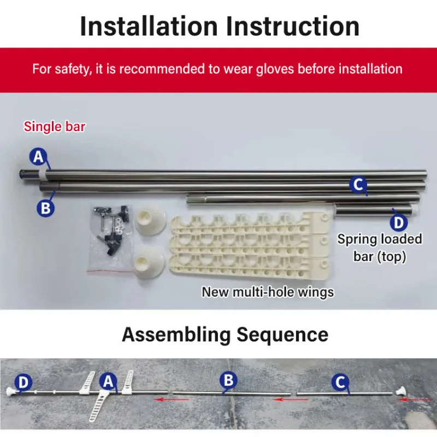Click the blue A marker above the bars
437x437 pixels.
(x=38, y=156)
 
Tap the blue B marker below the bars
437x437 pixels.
(x=45, y=208)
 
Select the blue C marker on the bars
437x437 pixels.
(x=358, y=184)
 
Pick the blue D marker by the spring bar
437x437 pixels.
(x=399, y=222)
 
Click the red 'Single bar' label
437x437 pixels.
(x=55, y=127)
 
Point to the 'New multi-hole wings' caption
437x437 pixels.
(x=268, y=292)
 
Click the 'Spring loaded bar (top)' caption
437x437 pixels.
(x=380, y=248)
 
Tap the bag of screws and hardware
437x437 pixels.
(x=110, y=238)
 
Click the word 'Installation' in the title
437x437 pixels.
(x=149, y=26)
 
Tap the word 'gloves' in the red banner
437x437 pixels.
(x=275, y=69)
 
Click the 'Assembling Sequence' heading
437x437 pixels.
(x=225, y=334)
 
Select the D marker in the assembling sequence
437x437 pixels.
(x=23, y=382)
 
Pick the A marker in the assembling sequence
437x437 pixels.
(x=108, y=381)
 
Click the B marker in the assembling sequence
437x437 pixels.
(x=228, y=380)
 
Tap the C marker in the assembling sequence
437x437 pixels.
(x=340, y=382)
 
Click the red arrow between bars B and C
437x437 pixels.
(x=291, y=400)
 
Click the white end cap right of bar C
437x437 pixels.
(x=400, y=391)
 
